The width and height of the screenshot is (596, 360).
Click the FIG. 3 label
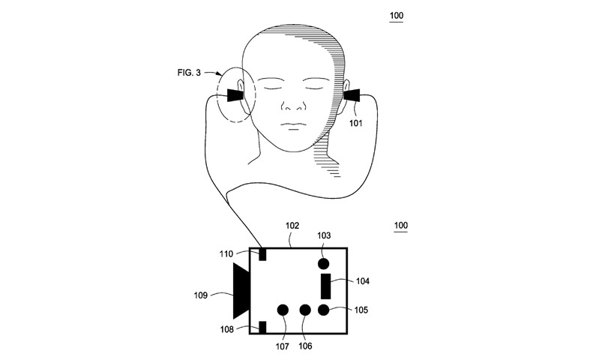189,72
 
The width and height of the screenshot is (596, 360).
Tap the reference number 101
356,123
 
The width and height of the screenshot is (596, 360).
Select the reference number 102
292,226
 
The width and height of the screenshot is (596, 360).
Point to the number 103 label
324,235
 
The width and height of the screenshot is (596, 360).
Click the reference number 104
363,281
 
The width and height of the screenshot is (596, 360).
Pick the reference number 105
361,310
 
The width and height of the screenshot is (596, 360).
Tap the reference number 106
305,346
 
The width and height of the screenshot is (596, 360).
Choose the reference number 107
283,346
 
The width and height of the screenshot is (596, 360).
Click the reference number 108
227,329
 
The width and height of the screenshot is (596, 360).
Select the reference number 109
201,295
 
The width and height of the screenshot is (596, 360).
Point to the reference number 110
226,254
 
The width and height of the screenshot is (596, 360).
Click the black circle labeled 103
323,264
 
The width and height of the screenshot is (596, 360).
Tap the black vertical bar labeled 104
326,286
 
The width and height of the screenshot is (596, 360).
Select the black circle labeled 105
323,310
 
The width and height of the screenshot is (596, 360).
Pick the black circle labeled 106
305,310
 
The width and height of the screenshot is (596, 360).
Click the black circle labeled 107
283,310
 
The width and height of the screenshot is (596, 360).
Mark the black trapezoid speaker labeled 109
241,291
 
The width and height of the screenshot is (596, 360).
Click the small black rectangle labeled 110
262,254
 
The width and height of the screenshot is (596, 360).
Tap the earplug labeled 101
352,95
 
